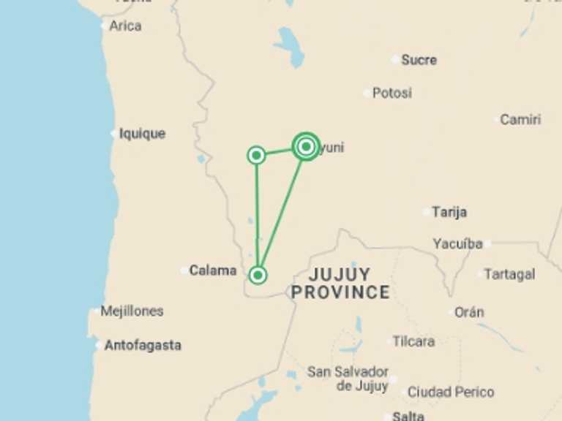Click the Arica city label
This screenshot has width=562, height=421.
[x=125, y=26]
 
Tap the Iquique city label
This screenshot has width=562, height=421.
[x=142, y=134]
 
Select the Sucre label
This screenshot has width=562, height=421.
[x=419, y=60]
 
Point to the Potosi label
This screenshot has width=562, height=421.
[x=391, y=94]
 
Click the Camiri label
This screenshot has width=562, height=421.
[x=520, y=119]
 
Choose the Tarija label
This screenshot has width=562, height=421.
[x=449, y=212]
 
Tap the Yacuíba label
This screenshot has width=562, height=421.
[x=457, y=243]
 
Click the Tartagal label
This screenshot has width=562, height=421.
[x=511, y=274]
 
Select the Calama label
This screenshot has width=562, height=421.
[x=213, y=270]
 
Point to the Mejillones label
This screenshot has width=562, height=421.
[x=132, y=311]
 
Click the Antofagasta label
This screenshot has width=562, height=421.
[x=143, y=346]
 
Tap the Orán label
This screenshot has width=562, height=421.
[x=469, y=312]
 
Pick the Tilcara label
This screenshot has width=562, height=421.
[x=413, y=341]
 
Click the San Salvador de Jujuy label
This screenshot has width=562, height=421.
[x=348, y=379]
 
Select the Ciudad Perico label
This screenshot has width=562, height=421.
[x=450, y=392]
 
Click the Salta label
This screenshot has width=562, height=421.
[x=408, y=416]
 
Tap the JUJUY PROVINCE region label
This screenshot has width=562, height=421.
[x=340, y=284]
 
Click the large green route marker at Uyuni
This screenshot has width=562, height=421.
[x=307, y=147]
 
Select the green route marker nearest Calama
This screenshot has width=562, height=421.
[x=258, y=275]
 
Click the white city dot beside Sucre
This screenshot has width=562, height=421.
[x=396, y=59]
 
